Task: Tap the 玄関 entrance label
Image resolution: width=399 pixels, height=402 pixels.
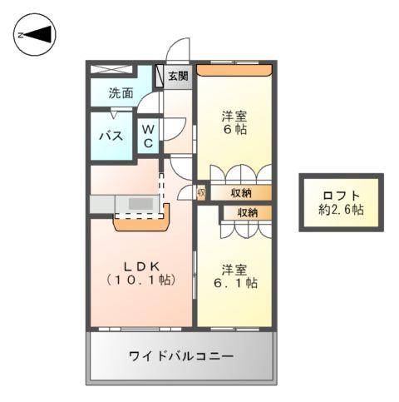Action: coord(178,77)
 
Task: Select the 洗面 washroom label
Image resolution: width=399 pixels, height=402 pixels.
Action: coord(121,93)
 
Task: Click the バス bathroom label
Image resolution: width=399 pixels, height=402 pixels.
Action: coord(113,136)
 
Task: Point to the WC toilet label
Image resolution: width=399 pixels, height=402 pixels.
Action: coord(146,136)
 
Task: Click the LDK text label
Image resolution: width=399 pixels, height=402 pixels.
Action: coord(139,266)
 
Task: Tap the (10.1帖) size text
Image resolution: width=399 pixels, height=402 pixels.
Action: coord(139,280)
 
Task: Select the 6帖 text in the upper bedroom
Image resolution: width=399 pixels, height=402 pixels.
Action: coord(234,130)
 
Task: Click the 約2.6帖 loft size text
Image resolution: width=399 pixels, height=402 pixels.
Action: coord(342,210)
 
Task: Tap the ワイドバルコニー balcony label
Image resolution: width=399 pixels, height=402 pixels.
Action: coord(180,356)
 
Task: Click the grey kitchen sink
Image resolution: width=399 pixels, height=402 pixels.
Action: coord(140,204)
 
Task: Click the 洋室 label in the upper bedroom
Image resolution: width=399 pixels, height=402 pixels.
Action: coord(234,116)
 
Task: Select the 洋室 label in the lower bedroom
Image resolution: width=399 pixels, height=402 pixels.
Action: coord(234,269)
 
